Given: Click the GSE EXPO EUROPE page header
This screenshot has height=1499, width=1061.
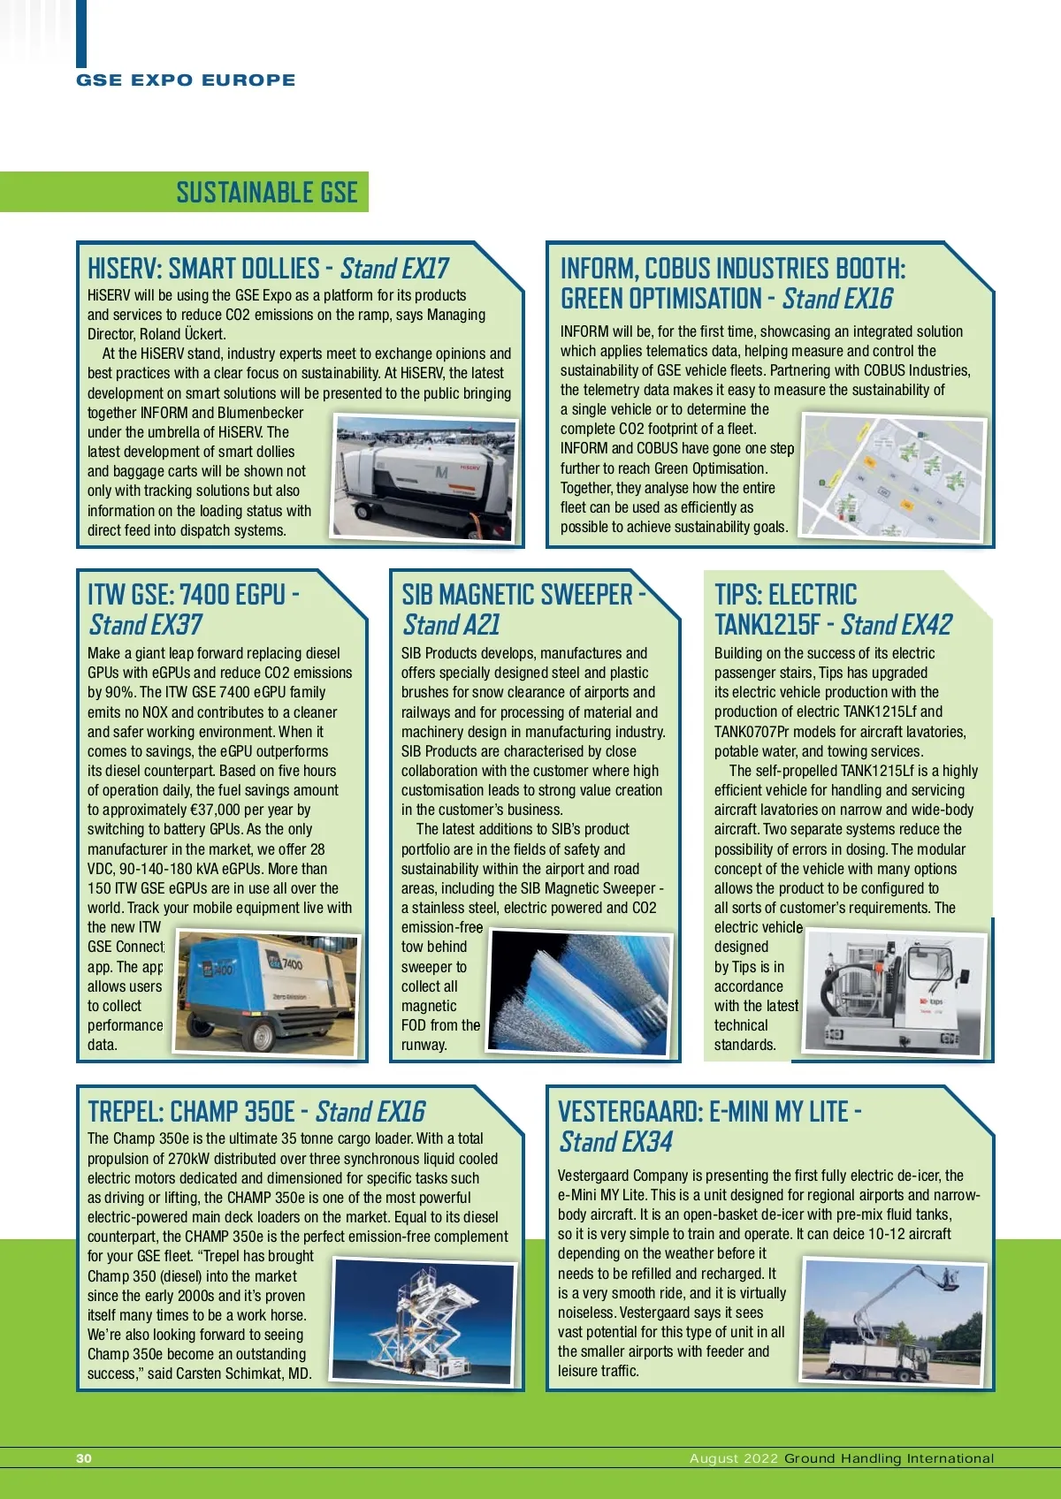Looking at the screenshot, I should pos(186,80).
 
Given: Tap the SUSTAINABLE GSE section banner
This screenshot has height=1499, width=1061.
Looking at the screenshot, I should pos(266,192).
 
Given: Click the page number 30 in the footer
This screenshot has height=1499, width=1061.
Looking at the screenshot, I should pos(84,1458).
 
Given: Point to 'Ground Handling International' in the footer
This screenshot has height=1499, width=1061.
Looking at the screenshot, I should pos(889,1458).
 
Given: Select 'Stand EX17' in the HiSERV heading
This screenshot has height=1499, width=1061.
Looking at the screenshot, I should pos(394,269).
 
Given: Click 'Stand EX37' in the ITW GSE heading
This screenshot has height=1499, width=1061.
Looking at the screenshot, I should pos(146,625).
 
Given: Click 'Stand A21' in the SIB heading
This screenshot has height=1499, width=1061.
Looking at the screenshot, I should pos(451,625).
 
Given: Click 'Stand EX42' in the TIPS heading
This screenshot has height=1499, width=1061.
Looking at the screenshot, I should pos(896,625).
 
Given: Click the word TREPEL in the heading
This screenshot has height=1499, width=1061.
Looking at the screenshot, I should pos(123,1111).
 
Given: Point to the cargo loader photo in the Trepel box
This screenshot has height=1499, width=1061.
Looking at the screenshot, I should pos(423,1321).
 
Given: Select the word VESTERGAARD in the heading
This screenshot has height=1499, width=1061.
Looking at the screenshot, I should pos(629,1111).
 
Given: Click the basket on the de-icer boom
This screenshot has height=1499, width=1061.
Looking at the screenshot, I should pos(950,1279).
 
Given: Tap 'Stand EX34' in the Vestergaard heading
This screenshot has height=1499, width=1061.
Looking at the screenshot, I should pos(615,1142).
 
